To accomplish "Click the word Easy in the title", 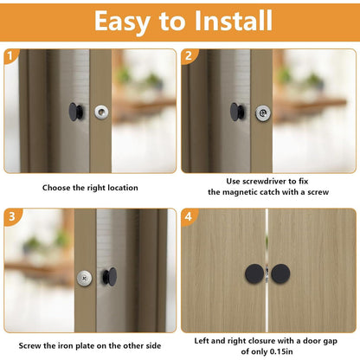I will point(126,21).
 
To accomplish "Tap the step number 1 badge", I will point(11,57).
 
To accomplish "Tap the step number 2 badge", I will point(190,57).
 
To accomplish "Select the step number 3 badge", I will point(11,217).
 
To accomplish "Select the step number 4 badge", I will point(190,217).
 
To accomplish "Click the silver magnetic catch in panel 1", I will point(102,112).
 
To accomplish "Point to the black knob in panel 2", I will point(236,112).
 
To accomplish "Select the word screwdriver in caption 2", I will point(262,181).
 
